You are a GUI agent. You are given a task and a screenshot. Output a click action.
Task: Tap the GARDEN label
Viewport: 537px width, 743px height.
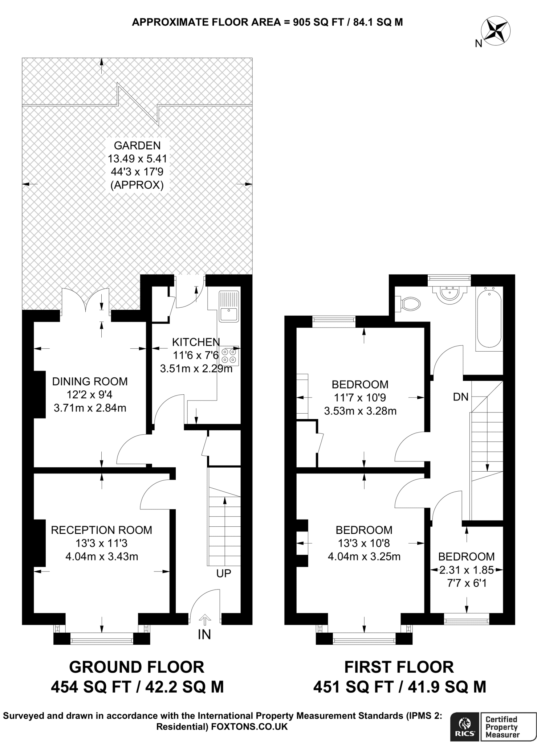point(137,145)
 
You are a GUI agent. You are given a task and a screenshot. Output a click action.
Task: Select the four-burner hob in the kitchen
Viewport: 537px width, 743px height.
point(229,356)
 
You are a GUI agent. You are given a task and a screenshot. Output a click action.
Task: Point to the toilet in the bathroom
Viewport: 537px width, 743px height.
point(409,303)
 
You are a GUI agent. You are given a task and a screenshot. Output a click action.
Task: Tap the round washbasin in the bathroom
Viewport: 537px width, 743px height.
point(449,293)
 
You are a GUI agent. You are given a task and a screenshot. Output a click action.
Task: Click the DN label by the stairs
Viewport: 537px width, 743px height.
point(461,397)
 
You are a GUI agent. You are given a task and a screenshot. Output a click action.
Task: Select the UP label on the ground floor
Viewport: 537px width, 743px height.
point(224,573)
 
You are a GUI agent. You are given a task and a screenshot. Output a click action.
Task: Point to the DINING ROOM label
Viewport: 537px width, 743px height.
point(90,381)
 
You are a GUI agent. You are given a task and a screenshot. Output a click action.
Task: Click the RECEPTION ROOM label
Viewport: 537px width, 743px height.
point(101,530)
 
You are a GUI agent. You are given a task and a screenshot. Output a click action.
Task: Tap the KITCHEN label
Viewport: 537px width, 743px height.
point(196,342)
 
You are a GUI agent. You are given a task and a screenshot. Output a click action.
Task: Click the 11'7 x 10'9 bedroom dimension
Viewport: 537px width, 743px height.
point(360,398)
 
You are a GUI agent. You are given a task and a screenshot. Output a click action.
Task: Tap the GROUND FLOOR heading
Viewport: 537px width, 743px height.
point(137,667)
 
